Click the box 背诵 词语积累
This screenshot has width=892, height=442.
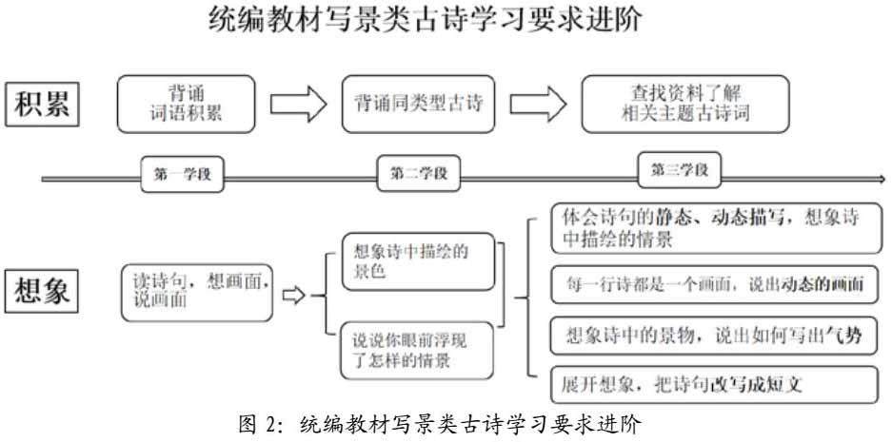coord(187,105)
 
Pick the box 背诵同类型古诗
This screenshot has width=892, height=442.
coord(420,104)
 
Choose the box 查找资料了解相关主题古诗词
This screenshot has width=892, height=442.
coord(684,104)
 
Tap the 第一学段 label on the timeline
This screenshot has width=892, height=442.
coord(186,173)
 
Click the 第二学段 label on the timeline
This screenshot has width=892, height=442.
coord(418,174)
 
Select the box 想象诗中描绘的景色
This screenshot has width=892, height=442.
coord(419,259)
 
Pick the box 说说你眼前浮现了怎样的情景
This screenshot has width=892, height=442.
coord(419,349)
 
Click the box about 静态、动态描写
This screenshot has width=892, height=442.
coord(714,228)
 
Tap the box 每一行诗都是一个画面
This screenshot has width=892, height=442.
coord(714,284)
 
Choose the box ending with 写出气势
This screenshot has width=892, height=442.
coord(714,335)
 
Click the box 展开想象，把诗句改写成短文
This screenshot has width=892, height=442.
coord(714,385)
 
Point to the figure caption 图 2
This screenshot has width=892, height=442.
coord(446,423)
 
